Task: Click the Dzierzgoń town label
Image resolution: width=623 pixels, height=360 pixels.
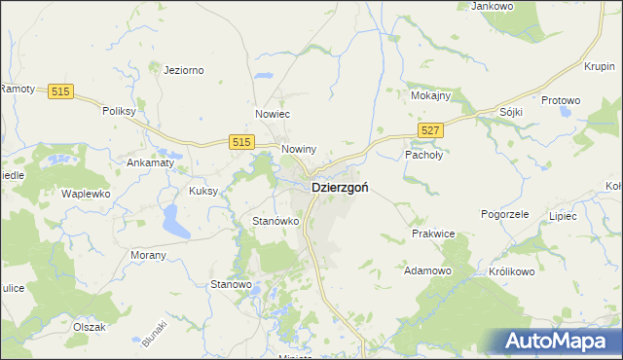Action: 339,188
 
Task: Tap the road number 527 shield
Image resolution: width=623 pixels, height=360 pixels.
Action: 431,129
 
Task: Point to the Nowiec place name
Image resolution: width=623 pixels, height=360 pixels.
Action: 273,114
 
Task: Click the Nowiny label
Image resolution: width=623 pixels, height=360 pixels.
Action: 299,149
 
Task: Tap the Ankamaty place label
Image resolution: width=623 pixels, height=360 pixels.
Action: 150,162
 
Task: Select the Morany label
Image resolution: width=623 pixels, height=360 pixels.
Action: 148,255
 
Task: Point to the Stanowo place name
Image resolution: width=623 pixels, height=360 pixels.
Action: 232,284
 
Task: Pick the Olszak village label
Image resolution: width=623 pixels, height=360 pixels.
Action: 89,327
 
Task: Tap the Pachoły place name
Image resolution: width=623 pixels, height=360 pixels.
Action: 423,155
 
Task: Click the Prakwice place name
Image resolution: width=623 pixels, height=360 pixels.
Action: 434,234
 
